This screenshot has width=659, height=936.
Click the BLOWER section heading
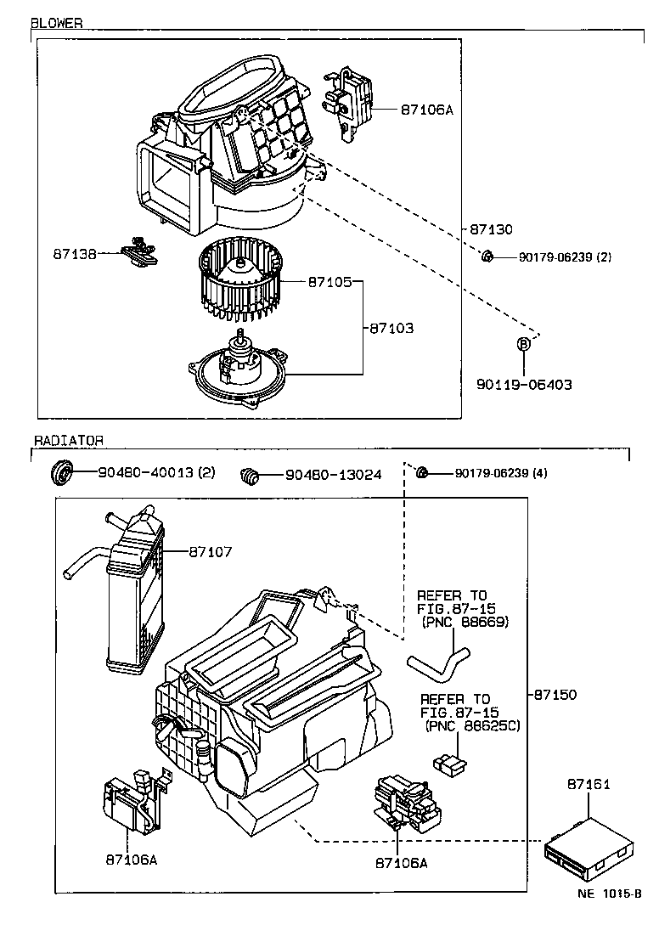click(x=57, y=23)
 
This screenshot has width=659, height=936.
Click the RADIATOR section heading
click(x=69, y=441)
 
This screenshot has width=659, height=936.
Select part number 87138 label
click(x=75, y=254)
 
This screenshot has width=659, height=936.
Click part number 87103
click(x=391, y=328)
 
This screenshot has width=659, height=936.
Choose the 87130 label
click(x=491, y=229)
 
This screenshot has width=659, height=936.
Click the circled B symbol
click(x=523, y=344)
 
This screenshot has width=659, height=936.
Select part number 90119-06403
click(x=524, y=385)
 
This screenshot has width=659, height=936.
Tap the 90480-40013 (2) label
click(x=156, y=473)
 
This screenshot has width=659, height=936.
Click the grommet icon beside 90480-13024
click(x=250, y=476)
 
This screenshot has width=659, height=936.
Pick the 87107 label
click(x=211, y=552)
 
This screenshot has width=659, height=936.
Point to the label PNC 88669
click(x=465, y=622)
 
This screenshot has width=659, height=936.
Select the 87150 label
click(x=555, y=695)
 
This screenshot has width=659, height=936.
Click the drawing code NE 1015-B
click(x=610, y=894)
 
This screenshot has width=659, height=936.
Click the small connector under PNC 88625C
click(x=450, y=763)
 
